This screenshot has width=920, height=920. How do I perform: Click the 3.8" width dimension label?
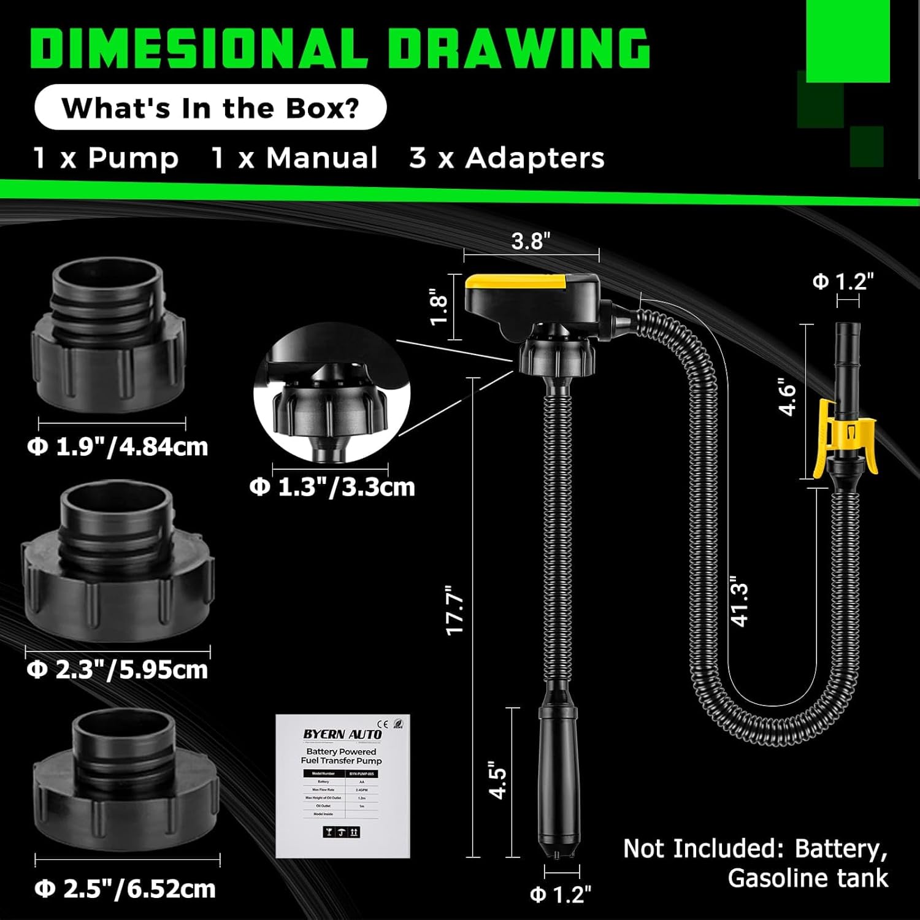531,241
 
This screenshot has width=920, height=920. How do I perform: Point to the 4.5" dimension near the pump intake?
498,780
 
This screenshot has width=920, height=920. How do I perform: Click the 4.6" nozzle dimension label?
788,399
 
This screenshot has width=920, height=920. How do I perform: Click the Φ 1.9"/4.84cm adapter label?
118,447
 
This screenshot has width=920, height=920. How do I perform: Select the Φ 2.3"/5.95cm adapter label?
118,669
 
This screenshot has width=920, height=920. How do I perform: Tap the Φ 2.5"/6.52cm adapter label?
126,889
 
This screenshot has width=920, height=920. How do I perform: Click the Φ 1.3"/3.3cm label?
332,487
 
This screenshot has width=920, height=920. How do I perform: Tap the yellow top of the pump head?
515,282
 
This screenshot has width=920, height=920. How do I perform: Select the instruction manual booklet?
342,786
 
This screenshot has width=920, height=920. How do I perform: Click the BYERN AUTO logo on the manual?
342,734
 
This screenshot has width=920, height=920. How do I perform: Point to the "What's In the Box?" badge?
210,107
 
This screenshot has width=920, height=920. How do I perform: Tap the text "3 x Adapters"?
507,158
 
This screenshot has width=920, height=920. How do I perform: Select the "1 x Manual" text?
294,158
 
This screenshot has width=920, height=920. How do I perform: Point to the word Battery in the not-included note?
840,849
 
